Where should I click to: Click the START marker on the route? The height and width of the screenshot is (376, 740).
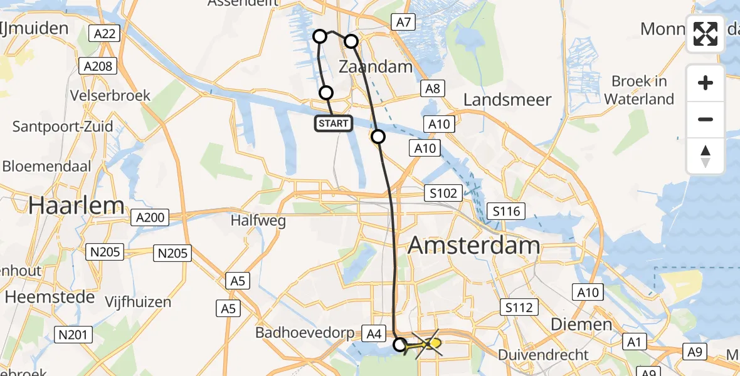coord(334,123)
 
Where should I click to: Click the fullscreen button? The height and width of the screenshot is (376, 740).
coord(706,34)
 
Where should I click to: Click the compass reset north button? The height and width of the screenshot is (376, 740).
coord(706,156)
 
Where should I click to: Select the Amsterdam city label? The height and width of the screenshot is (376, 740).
coord(474,245)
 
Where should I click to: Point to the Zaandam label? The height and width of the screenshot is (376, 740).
coord(376,66)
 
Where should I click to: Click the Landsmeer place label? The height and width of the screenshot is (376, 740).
coord(507,100)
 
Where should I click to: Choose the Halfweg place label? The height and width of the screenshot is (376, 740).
coord(258,221)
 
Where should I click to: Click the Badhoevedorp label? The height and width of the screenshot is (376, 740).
coord(305,333)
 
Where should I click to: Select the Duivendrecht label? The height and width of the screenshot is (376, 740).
coord(543,355)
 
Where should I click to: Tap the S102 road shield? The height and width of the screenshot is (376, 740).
coord(443,193)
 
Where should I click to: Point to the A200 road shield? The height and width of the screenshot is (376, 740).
coord(150,218)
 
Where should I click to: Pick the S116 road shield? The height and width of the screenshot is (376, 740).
coord(507,211)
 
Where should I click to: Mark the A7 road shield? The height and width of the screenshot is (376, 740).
coord(403,23)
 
